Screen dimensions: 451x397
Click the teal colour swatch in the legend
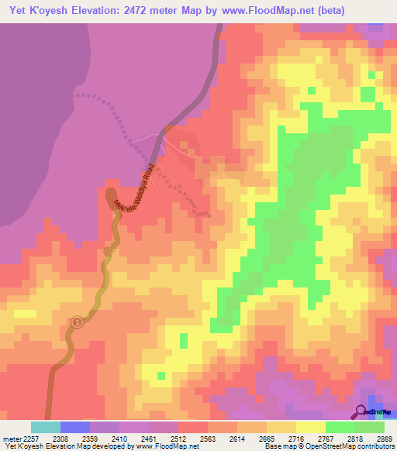[46, 427]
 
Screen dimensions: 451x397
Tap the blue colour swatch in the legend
[75, 427]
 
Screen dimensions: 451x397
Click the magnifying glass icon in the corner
[361, 411]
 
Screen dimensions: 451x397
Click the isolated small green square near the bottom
[184, 339]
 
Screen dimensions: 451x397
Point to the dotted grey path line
[116, 116]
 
